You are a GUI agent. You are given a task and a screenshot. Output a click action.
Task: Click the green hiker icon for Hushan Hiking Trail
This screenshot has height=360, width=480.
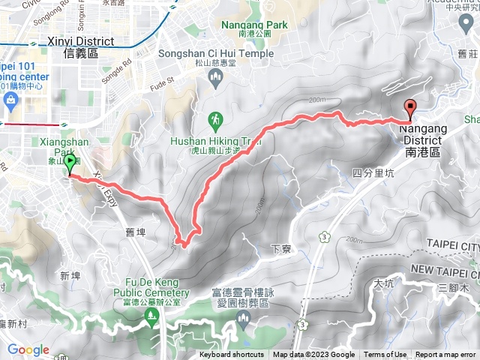[x=216, y=119]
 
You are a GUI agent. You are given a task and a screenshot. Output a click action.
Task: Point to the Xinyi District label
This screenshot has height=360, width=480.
[x=80, y=42]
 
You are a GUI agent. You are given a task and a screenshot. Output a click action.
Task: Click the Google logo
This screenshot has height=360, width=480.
[x=28, y=349]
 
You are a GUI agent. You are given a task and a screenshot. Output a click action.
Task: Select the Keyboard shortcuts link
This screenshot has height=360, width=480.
[x=232, y=355]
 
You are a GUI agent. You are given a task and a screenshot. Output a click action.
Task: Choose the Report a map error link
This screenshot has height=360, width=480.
[x=446, y=355]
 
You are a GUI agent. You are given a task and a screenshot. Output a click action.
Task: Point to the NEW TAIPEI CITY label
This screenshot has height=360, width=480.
[x=445, y=269]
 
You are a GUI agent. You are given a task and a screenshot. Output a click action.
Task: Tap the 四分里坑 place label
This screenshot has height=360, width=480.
[x=371, y=173]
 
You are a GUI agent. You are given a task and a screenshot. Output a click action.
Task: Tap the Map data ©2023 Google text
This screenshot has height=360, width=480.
[x=314, y=355]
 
